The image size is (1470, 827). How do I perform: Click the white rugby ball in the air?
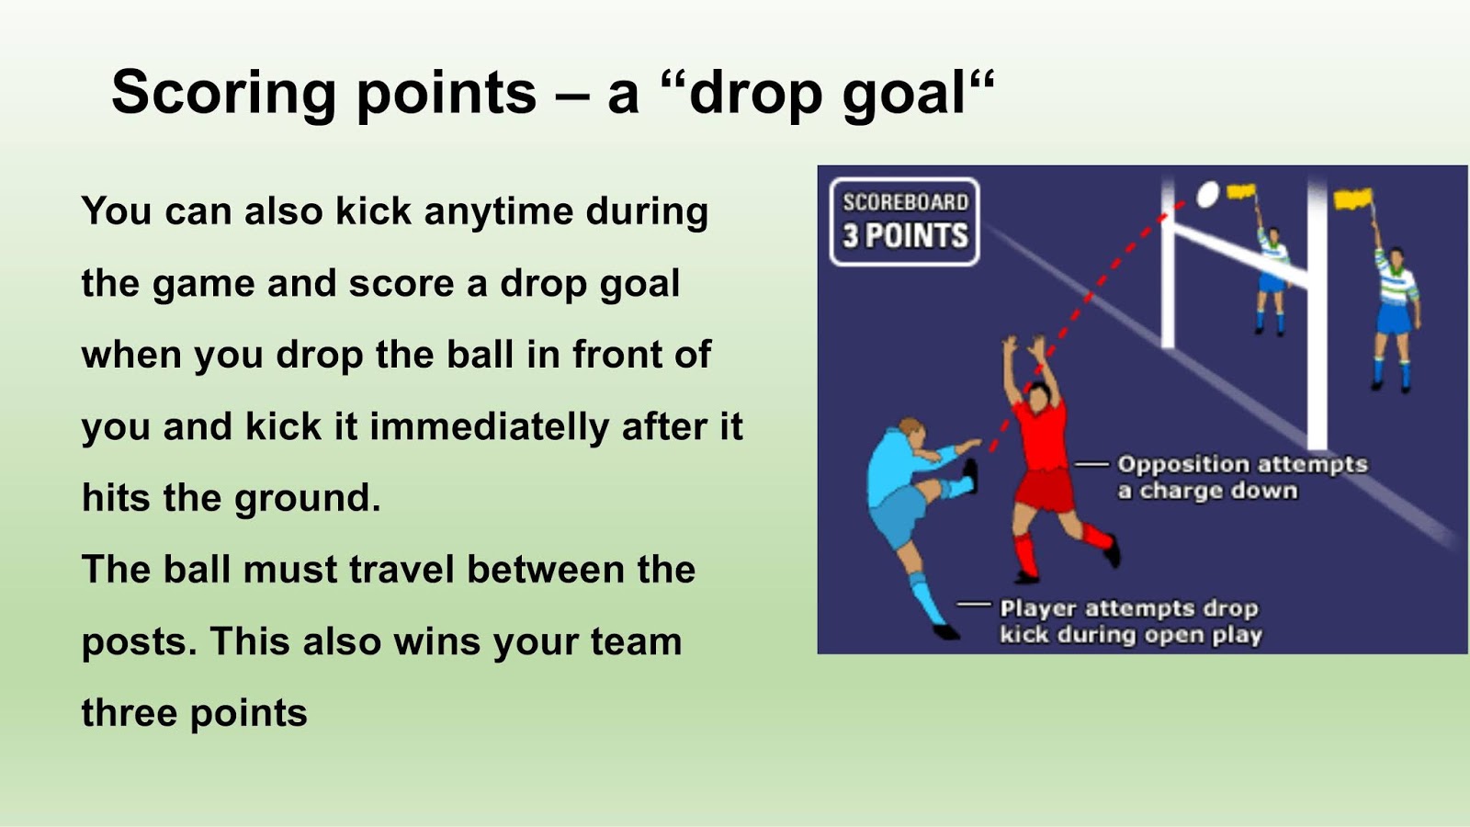point(1207,194)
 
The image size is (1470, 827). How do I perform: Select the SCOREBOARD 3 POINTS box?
point(904,221)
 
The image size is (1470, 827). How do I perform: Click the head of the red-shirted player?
point(1039,396)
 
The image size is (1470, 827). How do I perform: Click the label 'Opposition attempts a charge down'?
point(1242,478)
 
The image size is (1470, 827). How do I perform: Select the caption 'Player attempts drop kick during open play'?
point(1130,621)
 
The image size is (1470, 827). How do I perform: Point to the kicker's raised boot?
point(969,474)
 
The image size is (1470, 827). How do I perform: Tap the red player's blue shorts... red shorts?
point(1045,490)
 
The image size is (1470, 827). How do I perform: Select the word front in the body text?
point(623,355)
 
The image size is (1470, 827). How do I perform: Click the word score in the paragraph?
point(401,285)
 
